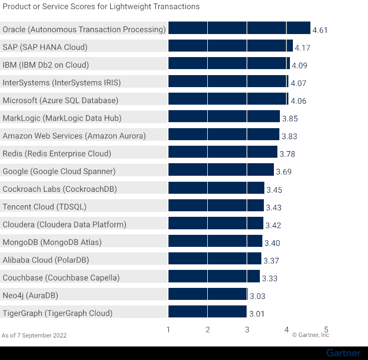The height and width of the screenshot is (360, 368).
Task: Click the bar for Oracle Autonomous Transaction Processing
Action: [239, 29]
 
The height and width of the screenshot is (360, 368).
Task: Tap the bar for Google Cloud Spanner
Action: [221, 171]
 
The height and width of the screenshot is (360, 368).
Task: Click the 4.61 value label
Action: [320, 30]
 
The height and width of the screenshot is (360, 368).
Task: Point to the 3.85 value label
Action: [289, 119]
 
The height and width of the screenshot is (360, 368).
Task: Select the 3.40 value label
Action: [272, 243]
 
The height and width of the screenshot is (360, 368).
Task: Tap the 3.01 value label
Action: [256, 314]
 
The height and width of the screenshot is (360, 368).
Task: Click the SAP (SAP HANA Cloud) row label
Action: [45, 47]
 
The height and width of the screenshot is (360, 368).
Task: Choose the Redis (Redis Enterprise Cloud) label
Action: [57, 153]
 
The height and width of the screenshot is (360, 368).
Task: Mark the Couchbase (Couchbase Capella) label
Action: [61, 277]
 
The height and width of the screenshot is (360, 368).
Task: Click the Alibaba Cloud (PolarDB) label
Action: [46, 259]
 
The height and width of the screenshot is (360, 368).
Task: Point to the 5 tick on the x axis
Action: [326, 329]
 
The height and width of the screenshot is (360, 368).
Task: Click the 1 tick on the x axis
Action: [168, 329]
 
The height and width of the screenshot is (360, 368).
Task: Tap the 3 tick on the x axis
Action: [247, 329]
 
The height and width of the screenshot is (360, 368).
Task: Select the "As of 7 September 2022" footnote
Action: [34, 335]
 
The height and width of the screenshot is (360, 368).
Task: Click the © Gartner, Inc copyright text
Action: [310, 335]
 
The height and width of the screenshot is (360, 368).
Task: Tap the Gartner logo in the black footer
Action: [343, 353]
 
